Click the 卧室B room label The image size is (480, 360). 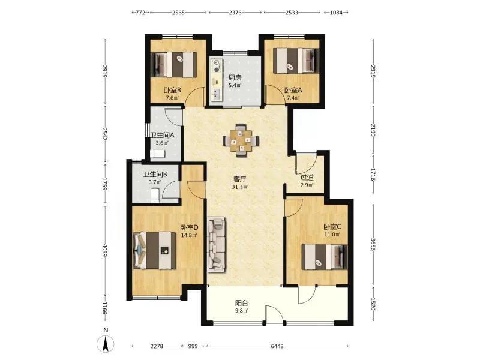172,91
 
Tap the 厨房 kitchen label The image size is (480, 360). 235,78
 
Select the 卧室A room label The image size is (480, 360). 293,91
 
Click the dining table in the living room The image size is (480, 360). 241,140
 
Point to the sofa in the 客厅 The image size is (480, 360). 217,244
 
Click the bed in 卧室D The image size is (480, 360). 155,250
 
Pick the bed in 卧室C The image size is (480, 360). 325,257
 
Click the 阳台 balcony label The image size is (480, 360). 242,303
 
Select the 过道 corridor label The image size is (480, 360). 307,178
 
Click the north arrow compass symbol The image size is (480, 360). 106,343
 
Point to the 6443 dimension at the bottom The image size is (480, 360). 277,346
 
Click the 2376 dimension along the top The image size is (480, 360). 235,13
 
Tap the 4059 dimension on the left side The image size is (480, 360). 104,250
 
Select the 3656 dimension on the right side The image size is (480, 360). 373,245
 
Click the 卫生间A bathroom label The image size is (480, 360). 162,135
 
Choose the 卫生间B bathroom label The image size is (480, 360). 155,175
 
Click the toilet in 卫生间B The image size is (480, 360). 155,196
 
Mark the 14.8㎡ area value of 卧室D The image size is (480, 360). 189,235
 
